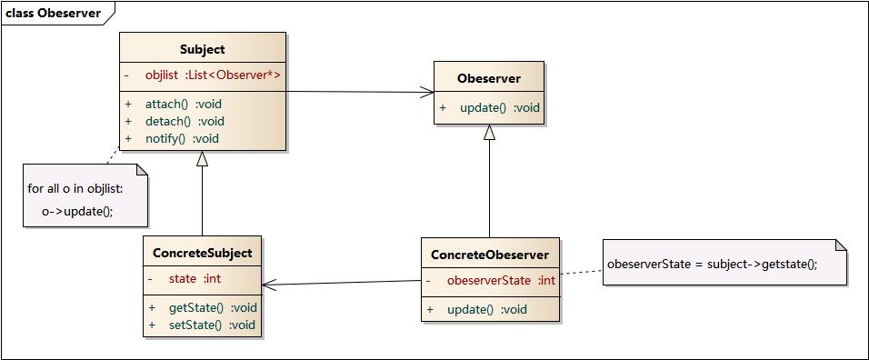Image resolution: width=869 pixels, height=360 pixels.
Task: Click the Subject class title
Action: (x=203, y=49)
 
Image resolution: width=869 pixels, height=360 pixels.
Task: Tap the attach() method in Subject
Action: (x=183, y=104)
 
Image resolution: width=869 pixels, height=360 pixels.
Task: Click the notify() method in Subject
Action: (x=182, y=138)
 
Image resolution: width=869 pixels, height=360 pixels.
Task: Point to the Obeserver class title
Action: (x=489, y=78)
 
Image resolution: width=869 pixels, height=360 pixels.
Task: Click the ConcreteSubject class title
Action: (x=202, y=252)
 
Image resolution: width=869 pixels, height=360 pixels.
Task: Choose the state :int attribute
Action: (x=195, y=278)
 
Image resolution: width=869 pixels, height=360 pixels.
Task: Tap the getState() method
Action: (x=212, y=307)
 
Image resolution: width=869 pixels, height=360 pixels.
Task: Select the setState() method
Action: (x=211, y=325)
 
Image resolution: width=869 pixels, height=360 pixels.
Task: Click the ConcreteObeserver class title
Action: (x=489, y=255)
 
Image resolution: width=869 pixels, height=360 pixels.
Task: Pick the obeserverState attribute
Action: (x=500, y=281)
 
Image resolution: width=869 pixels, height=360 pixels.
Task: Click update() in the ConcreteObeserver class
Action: (x=486, y=309)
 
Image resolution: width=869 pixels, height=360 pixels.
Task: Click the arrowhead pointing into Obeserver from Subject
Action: (x=427, y=92)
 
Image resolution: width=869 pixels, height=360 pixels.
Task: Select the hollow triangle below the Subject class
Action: (x=202, y=158)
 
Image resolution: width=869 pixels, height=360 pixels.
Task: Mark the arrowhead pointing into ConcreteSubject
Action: (x=270, y=285)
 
